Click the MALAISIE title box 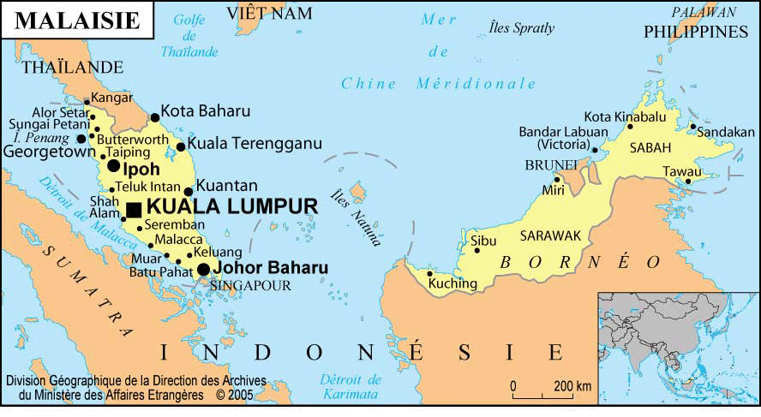tap(77, 20)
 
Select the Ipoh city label tap(141, 169)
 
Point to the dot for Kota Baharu tap(155, 118)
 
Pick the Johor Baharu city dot tap(203, 270)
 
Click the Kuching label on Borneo tap(453, 283)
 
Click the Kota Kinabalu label tap(625, 116)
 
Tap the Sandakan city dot tap(692, 128)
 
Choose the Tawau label tap(681, 171)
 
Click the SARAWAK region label tap(550, 235)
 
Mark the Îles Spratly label tap(521, 27)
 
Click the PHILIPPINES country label tap(696, 32)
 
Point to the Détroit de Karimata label tap(349, 386)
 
